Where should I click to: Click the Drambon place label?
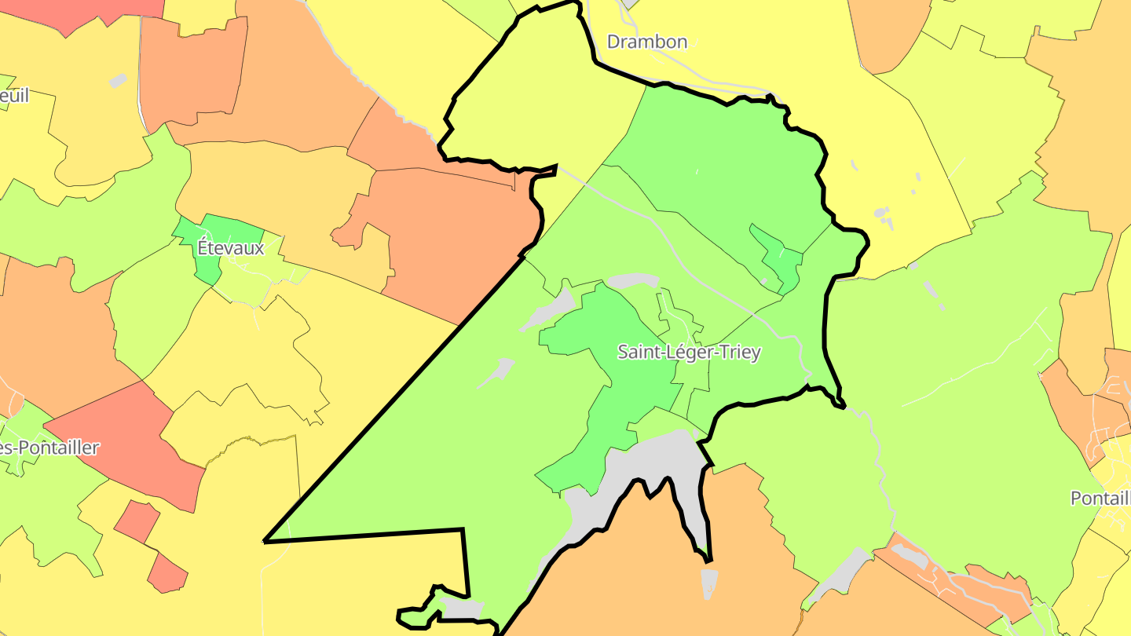point(647,42)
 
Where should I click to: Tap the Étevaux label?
point(231,247)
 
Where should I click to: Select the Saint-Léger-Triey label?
point(689,352)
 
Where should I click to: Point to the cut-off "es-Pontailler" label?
point(49,448)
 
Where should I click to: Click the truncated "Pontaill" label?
point(1100,498)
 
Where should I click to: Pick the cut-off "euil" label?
point(14,96)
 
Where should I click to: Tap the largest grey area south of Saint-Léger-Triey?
point(644,463)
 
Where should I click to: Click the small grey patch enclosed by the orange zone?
point(708,583)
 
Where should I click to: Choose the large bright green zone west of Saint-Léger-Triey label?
point(613,369)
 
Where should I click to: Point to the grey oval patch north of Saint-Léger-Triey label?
point(632,280)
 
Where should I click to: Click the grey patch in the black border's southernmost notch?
point(462,608)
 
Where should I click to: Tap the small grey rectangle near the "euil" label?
point(117,80)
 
